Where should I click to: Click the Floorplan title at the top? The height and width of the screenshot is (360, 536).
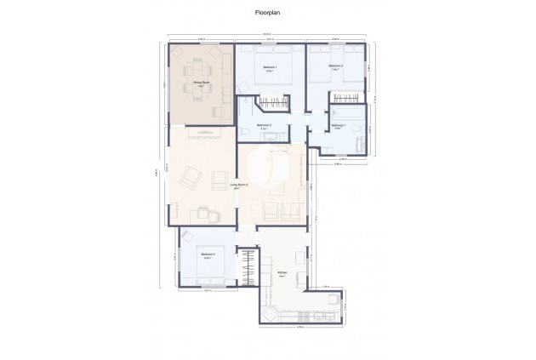point(268,14)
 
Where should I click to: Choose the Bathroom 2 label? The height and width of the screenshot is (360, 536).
point(265,126)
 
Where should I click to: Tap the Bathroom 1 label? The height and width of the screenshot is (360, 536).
point(338,127)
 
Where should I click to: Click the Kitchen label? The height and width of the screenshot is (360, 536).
point(282,272)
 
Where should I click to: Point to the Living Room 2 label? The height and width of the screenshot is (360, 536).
point(239,184)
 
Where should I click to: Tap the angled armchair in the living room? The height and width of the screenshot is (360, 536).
point(194,178)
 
